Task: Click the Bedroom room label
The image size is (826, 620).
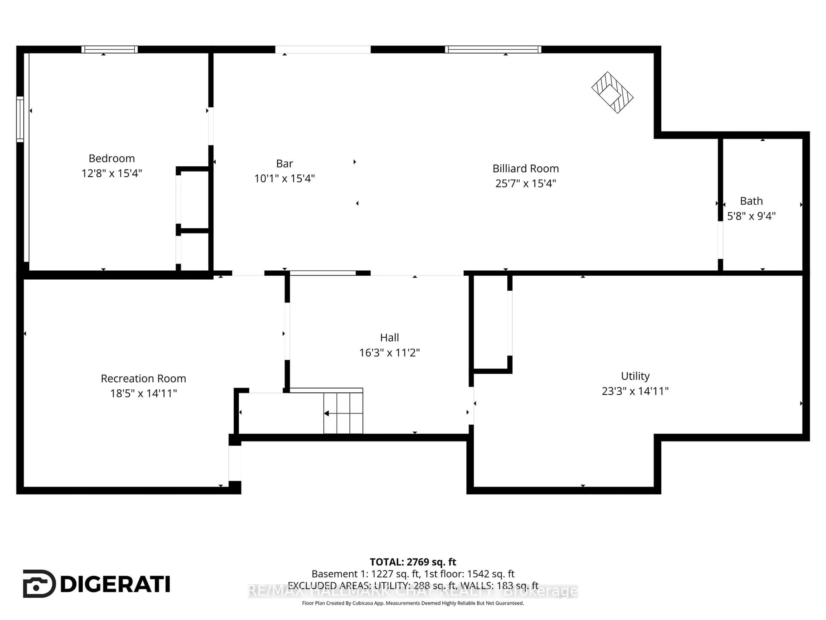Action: (112, 158)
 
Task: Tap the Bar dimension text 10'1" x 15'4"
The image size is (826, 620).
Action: (285, 179)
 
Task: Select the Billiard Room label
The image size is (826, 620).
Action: (525, 169)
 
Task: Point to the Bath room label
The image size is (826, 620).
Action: (751, 201)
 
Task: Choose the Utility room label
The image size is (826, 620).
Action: (635, 376)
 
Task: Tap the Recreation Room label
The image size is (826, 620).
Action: (143, 379)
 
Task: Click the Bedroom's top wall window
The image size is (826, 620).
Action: (109, 49)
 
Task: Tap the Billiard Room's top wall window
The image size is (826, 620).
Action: (493, 49)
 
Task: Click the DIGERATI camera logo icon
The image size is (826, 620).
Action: (39, 584)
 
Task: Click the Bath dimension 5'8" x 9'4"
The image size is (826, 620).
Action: (751, 216)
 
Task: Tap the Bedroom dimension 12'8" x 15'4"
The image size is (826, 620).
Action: (112, 173)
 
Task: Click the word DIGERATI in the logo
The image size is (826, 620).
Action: (115, 584)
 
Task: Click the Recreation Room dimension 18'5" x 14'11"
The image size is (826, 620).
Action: (143, 394)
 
